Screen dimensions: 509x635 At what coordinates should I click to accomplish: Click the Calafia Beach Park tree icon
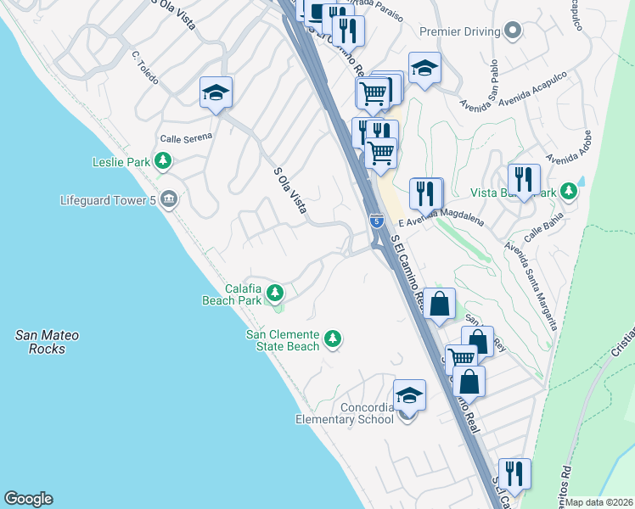(274, 294)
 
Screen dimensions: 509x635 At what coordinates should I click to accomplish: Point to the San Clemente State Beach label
(283, 340)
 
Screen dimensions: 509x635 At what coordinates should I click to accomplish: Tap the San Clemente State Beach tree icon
(334, 339)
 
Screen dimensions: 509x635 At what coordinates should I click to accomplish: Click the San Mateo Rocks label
(48, 342)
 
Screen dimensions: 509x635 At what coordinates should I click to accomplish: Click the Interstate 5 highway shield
(375, 222)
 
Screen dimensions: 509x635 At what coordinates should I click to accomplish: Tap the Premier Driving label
(458, 31)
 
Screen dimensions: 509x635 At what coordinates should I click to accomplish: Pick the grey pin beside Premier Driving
(512, 31)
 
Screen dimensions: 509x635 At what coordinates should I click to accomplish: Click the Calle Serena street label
(186, 139)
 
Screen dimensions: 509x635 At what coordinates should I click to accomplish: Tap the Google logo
(28, 499)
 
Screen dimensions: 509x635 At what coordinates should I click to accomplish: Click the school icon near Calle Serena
(216, 92)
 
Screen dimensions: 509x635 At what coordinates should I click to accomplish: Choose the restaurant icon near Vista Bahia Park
(524, 180)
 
